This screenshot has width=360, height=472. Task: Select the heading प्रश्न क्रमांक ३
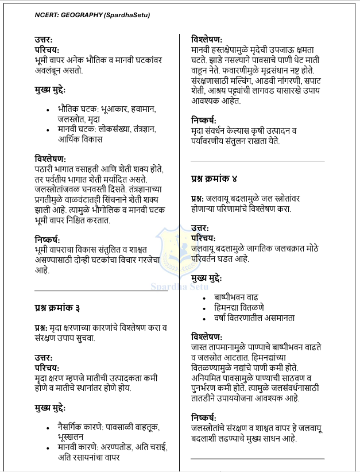click(x=57, y=309)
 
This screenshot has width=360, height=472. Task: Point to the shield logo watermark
click(x=180, y=253)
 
